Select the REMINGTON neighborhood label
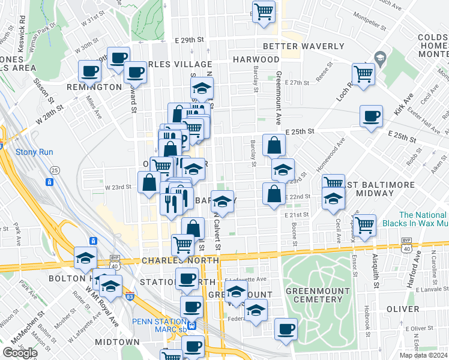(100, 87)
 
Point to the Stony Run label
(34, 152)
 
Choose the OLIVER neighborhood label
(402, 309)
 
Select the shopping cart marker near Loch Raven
(363, 74)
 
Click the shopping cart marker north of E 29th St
(264, 11)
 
